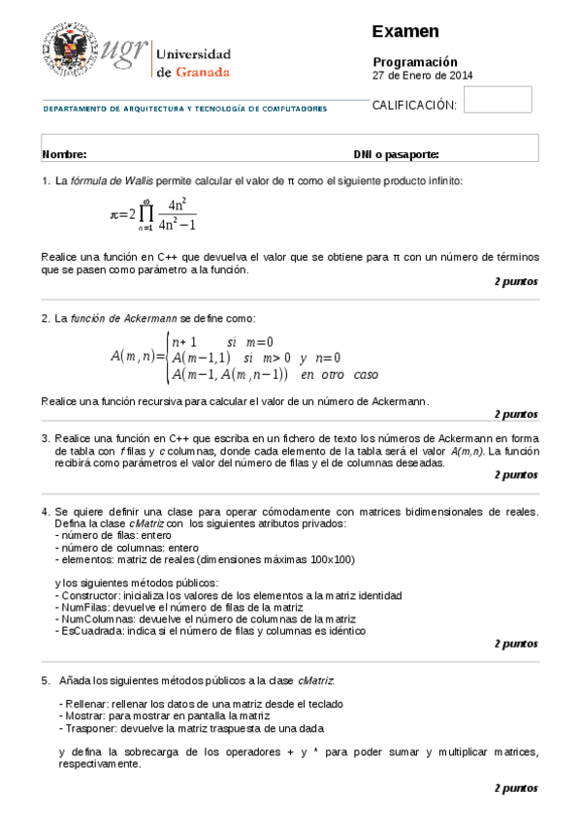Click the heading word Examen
(x=405, y=32)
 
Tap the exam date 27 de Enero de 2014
(x=423, y=75)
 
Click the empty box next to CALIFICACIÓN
(x=498, y=100)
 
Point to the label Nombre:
(x=65, y=154)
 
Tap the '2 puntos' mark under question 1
(x=515, y=281)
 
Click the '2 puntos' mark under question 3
(x=515, y=475)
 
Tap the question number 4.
(x=45, y=511)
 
